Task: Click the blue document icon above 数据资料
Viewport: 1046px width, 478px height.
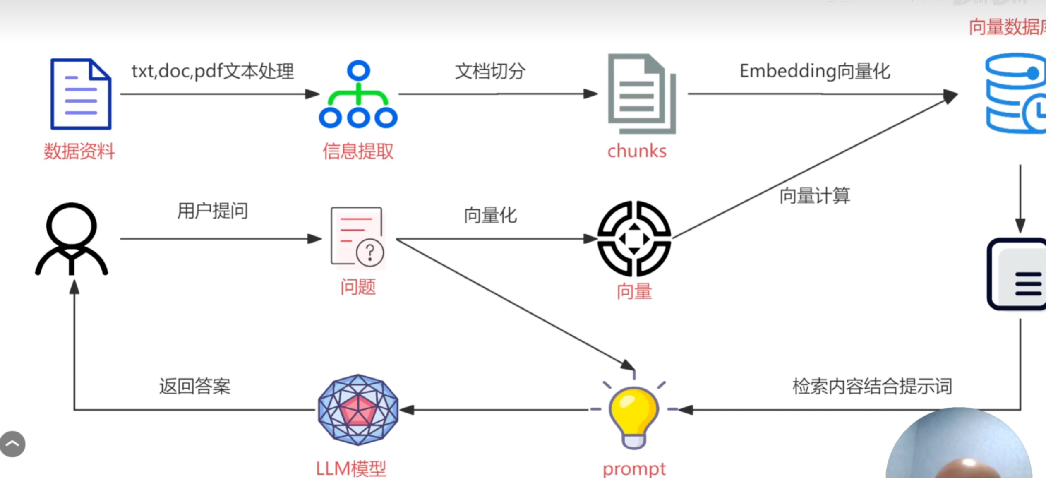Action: click(81, 94)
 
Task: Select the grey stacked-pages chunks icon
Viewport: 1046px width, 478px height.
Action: click(641, 94)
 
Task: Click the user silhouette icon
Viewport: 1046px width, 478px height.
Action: click(72, 239)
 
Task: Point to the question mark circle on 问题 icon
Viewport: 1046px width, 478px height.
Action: click(370, 252)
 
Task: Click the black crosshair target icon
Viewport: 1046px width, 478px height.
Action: click(634, 239)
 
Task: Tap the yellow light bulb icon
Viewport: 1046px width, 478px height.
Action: click(633, 416)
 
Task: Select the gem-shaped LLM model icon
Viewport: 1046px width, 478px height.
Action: click(358, 410)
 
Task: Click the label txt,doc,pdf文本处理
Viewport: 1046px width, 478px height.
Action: click(213, 71)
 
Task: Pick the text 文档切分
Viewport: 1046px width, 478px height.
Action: click(490, 71)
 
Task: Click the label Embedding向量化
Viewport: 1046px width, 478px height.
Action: click(815, 71)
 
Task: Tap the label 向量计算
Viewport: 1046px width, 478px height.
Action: click(815, 196)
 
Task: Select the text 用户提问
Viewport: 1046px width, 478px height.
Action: click(213, 211)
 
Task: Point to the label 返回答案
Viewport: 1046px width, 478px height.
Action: click(195, 386)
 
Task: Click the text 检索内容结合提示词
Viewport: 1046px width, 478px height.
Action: click(872, 386)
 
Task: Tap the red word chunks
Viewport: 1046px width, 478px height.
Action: click(637, 151)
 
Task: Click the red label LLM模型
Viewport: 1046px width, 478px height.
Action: click(351, 469)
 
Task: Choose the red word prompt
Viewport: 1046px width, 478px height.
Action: click(634, 469)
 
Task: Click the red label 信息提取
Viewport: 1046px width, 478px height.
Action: click(358, 151)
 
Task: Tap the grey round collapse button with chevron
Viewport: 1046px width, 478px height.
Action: click(13, 444)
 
